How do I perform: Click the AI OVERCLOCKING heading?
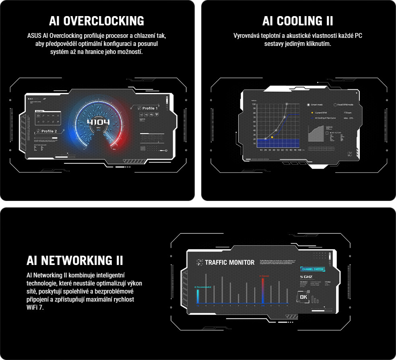[x=96, y=21]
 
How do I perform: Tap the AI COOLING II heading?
[x=297, y=21]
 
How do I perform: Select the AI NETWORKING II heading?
[x=75, y=260]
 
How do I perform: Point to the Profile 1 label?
[x=147, y=108]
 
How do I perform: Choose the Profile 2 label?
[x=47, y=131]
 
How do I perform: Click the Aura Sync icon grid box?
[x=48, y=118]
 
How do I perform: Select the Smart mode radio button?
[x=309, y=105]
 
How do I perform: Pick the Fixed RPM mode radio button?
[x=335, y=105]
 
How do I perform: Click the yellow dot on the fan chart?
[x=272, y=137]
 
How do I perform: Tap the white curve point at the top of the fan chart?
[x=287, y=104]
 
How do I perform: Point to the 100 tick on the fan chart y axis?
[x=254, y=104]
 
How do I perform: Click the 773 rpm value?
[x=348, y=113]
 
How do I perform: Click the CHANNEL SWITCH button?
[x=312, y=269]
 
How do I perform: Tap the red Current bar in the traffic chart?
[x=262, y=290]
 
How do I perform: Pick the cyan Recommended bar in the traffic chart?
[x=198, y=296]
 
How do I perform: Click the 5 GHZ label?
[x=306, y=277]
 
